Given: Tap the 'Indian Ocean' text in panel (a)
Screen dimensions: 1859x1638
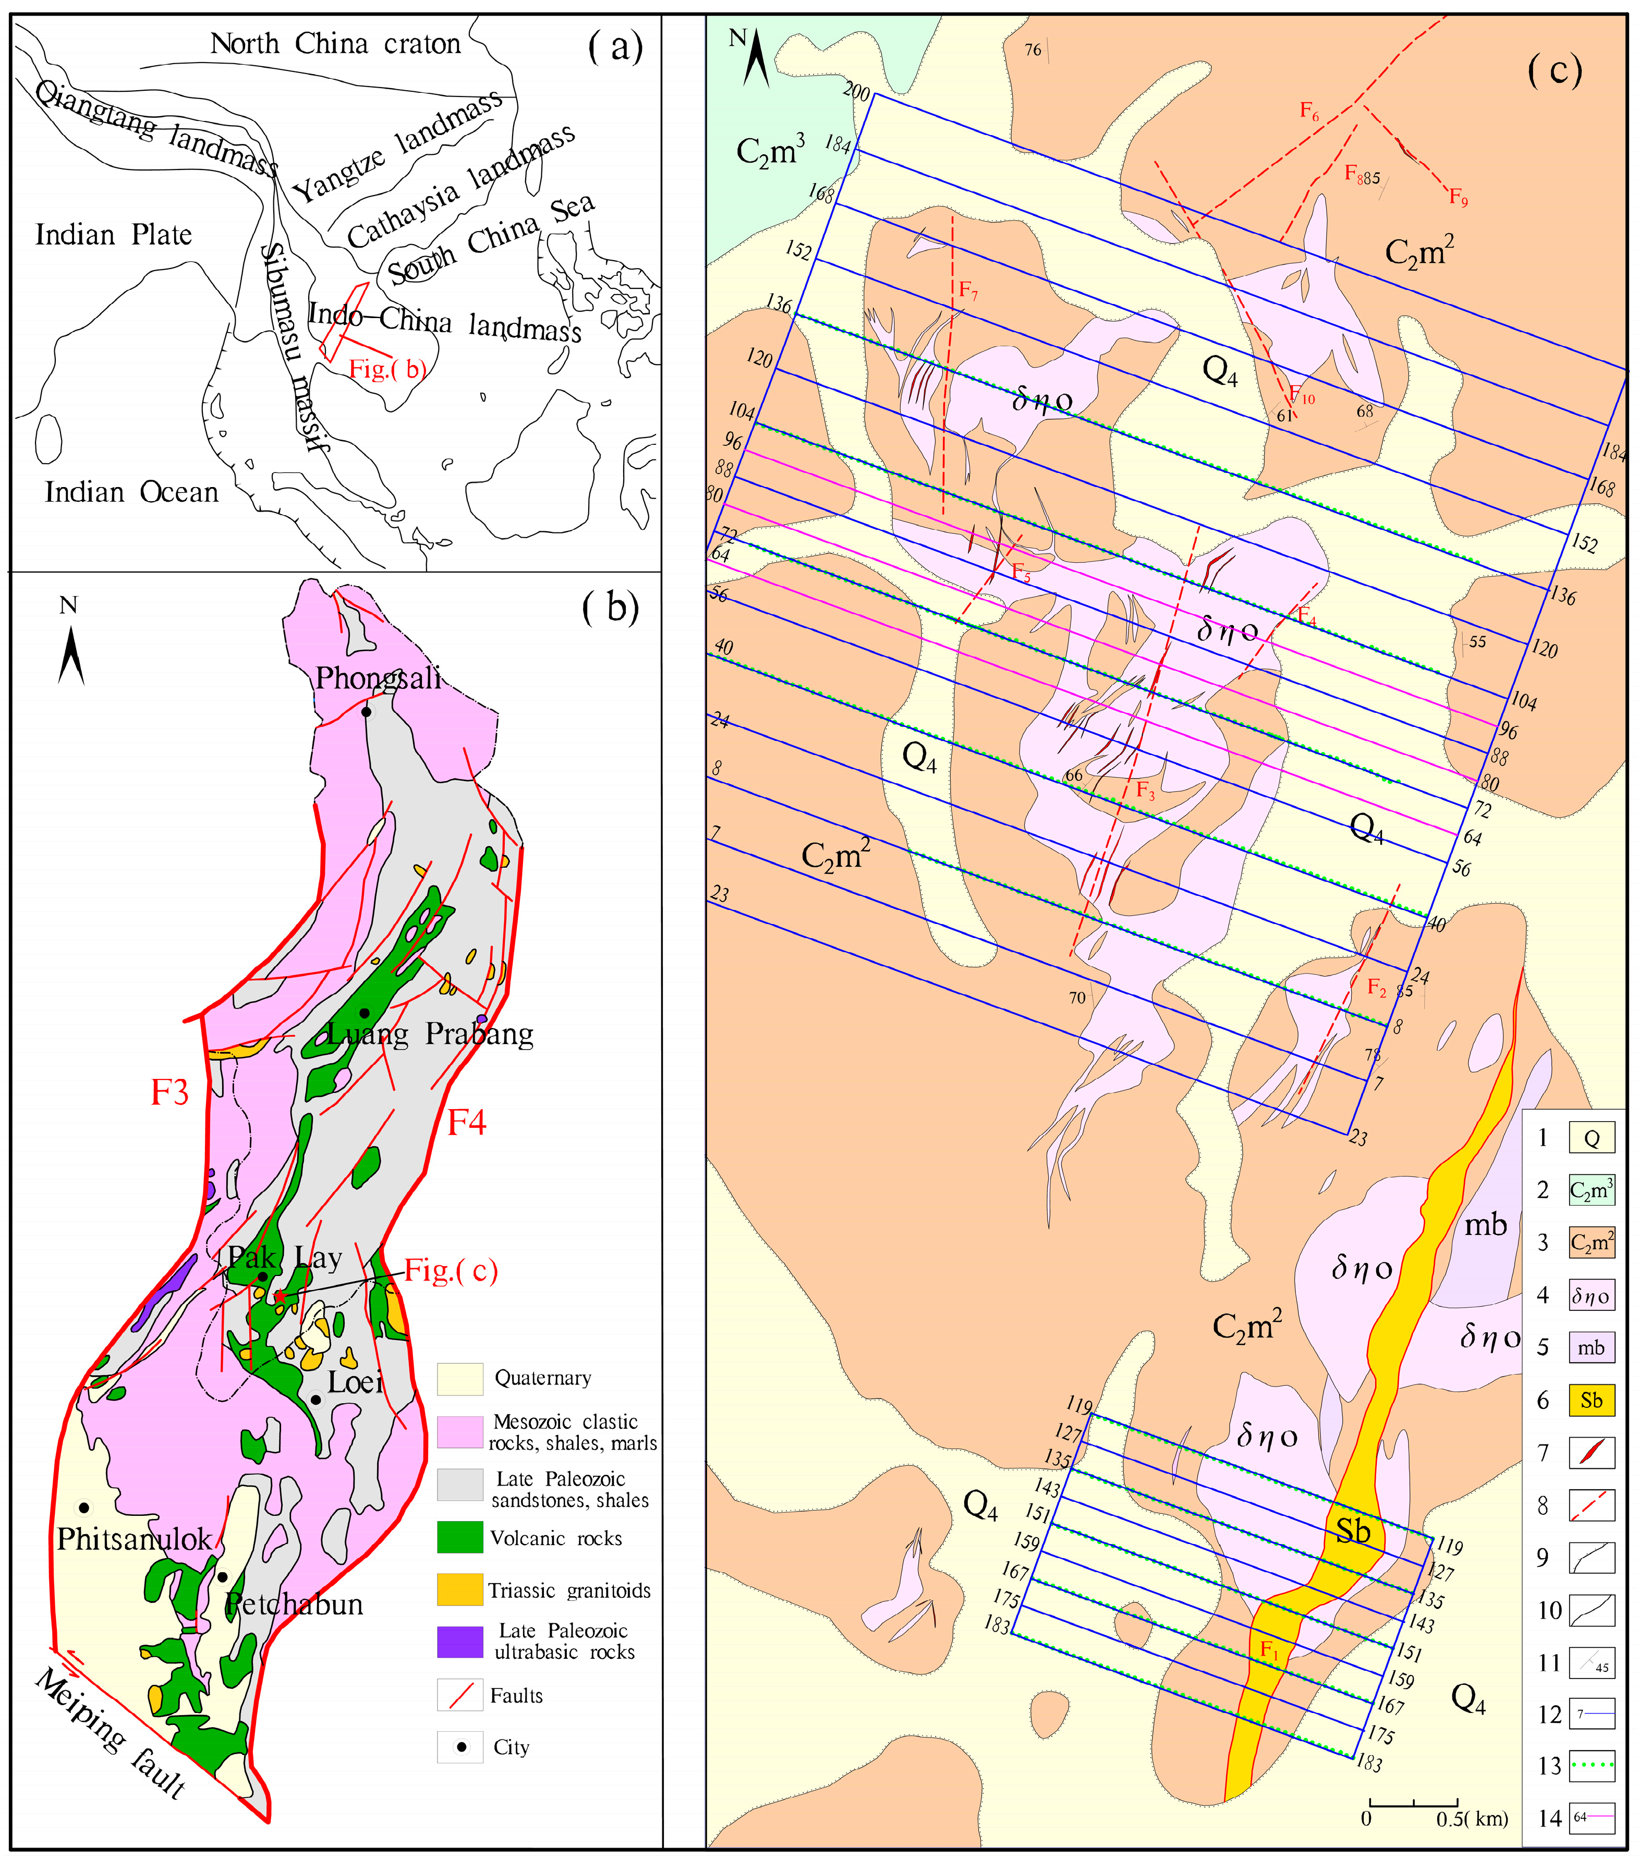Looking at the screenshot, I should coord(132,492).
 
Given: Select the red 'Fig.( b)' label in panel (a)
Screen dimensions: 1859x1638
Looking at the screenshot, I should coord(386,368).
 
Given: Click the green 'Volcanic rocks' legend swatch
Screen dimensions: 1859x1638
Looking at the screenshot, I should coord(459,1537).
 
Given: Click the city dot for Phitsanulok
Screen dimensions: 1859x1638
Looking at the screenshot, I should coord(83,1507).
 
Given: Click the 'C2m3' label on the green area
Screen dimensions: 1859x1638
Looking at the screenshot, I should coord(769,150).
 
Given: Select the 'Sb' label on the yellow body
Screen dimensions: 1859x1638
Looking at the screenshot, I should coord(1352,1530).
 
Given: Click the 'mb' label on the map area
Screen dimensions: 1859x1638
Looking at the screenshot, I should coord(1485,1225).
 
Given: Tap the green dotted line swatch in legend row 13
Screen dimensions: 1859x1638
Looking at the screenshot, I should coord(1591,1765).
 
